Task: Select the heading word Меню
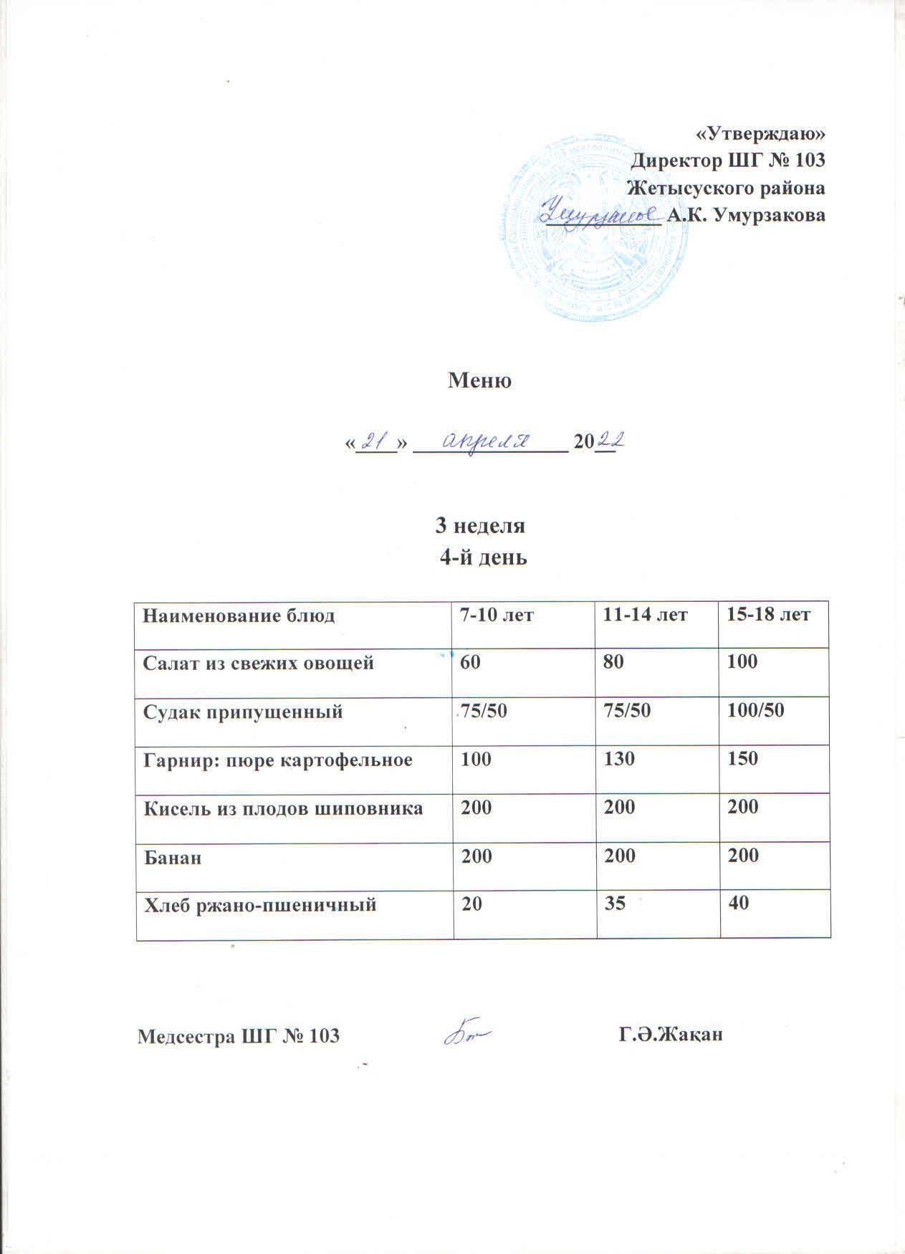pyautogui.click(x=479, y=380)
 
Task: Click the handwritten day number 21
pyautogui.click(x=373, y=439)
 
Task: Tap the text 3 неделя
pyautogui.click(x=481, y=525)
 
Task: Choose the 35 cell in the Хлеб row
pyautogui.click(x=614, y=904)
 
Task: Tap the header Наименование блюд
pyautogui.click(x=239, y=615)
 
